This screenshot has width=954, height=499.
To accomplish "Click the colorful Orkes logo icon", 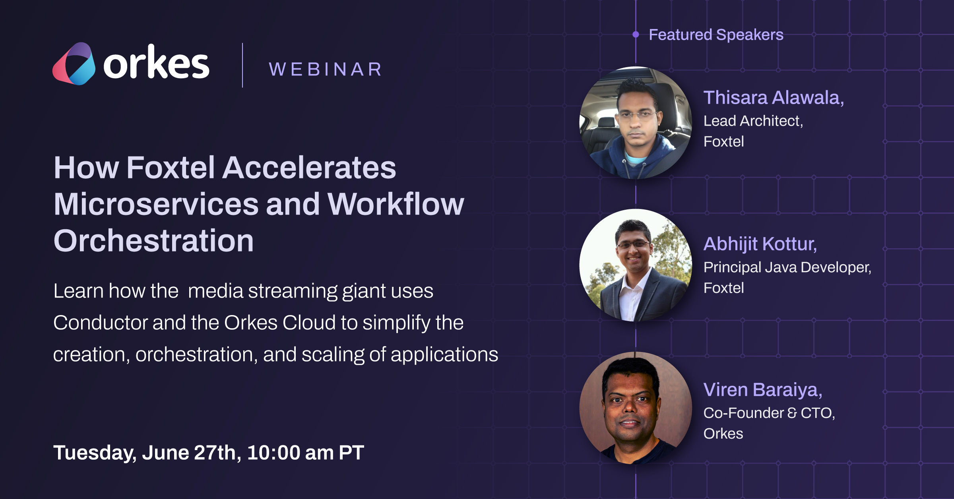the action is pyautogui.click(x=74, y=64).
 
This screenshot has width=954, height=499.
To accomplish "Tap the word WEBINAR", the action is pyautogui.click(x=326, y=70).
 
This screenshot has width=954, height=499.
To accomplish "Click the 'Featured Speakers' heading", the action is pyautogui.click(x=716, y=35).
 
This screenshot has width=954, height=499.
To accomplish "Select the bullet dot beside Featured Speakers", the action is pyautogui.click(x=636, y=35).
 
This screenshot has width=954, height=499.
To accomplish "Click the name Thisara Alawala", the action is pyautogui.click(x=774, y=98).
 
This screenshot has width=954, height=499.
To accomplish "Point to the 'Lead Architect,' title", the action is pyautogui.click(x=753, y=121).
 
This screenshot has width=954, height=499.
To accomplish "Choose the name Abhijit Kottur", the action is pyautogui.click(x=760, y=244).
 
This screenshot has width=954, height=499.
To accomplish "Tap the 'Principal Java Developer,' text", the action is pyautogui.click(x=787, y=267).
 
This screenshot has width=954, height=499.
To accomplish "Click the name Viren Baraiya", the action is pyautogui.click(x=763, y=390).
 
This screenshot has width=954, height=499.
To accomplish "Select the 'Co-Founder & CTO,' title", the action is pyautogui.click(x=769, y=413).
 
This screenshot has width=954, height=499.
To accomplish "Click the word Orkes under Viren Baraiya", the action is pyautogui.click(x=723, y=433).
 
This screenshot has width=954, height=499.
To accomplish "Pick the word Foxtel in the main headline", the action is pyautogui.click(x=171, y=167).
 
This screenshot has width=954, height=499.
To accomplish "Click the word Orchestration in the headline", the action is pyautogui.click(x=153, y=241).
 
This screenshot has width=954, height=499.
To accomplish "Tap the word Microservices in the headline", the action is pyautogui.click(x=156, y=204).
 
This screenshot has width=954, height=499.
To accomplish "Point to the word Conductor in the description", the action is pyautogui.click(x=101, y=323).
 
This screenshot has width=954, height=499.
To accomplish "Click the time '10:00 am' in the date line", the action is pyautogui.click(x=290, y=453).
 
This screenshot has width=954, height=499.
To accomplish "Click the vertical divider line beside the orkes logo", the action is pyautogui.click(x=242, y=65).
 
